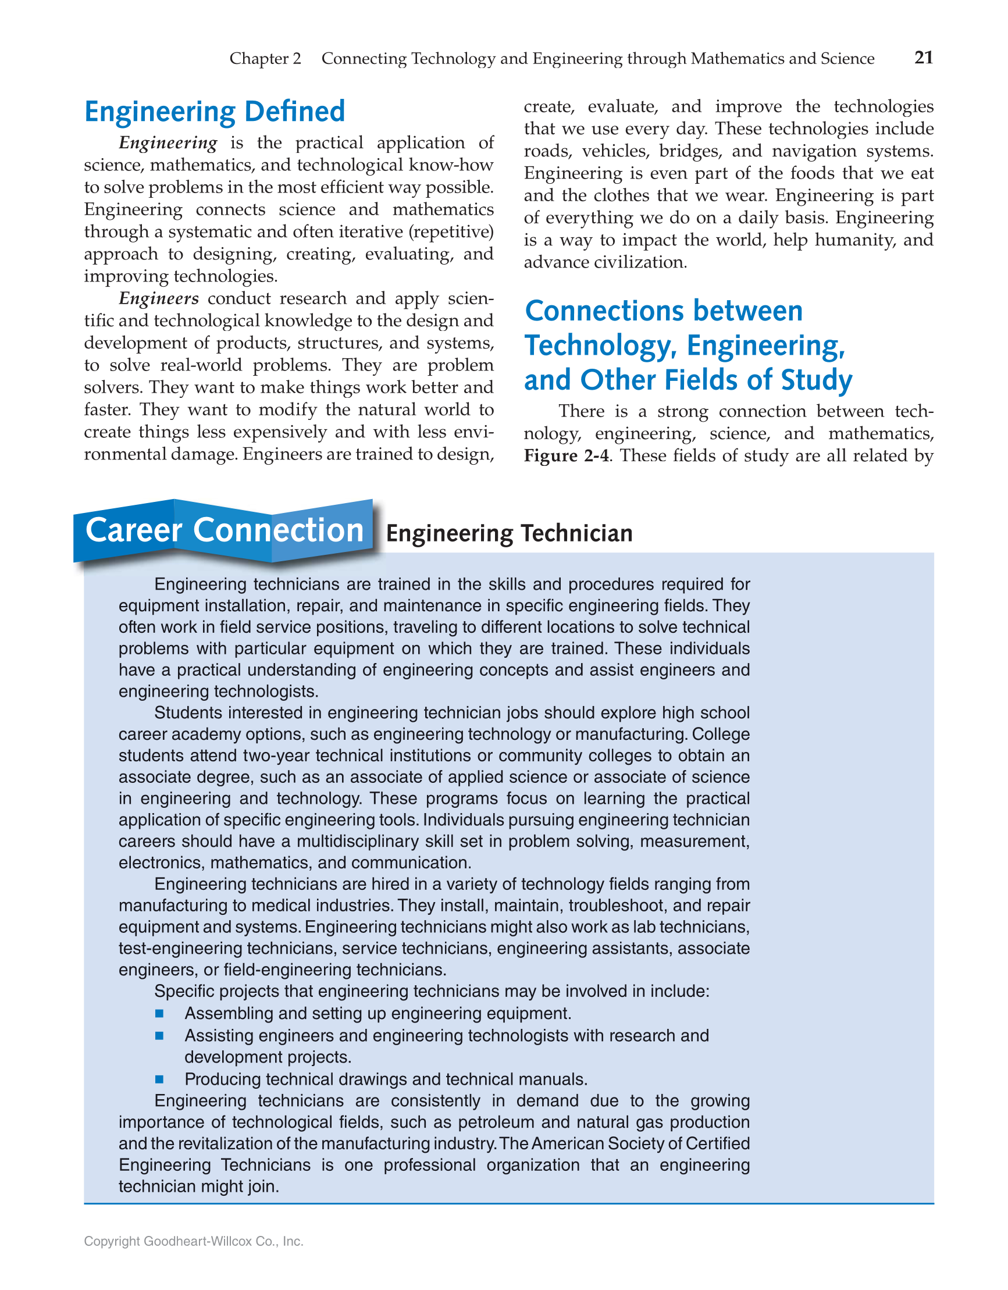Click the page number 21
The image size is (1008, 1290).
pos(924,58)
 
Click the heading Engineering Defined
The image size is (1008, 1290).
pos(215,112)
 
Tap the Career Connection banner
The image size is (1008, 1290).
pos(224,530)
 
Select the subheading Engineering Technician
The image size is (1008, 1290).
pos(509,533)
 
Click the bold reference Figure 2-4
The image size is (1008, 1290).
pos(565,456)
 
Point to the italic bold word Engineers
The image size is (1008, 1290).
pos(158,299)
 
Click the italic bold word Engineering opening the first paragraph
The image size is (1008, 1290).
pos(168,144)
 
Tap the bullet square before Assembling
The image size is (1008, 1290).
pos(159,1014)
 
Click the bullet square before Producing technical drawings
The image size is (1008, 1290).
pos(159,1079)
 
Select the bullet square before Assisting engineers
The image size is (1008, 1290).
pos(159,1035)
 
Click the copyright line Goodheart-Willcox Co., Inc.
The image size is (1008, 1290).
pos(194,1241)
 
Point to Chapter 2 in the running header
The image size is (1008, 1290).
pos(265,59)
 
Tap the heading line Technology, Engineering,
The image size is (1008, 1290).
pos(684,345)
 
